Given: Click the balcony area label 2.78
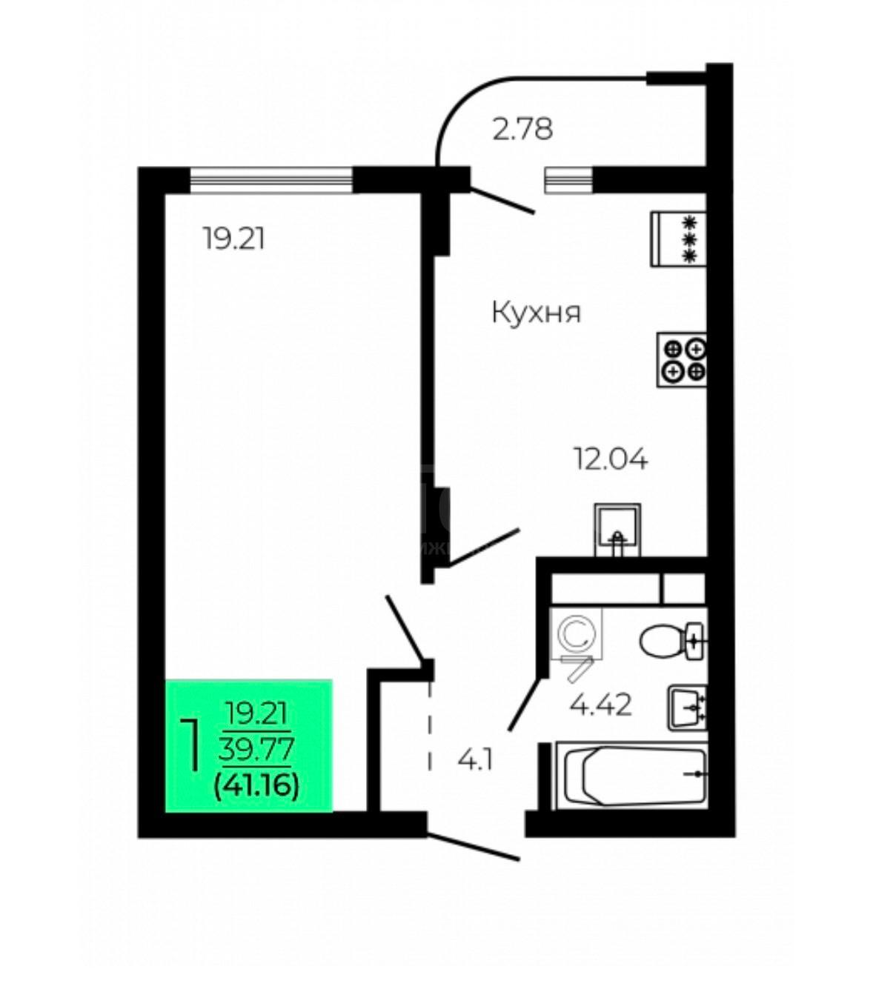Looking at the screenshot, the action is (522, 129).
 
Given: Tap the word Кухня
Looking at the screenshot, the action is (537, 312).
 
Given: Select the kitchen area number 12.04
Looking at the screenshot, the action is (611, 459).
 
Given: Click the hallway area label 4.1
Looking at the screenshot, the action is (475, 760).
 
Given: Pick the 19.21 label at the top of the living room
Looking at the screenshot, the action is (234, 239).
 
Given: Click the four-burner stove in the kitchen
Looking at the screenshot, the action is (682, 360).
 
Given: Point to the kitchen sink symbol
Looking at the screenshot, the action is (617, 530).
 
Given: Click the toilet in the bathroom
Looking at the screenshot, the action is (671, 641).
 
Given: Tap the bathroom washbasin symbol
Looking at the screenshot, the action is (687, 708).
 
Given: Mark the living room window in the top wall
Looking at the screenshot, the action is (271, 180).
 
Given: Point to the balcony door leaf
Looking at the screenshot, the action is (502, 201).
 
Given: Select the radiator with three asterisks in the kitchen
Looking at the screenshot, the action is (679, 239).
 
